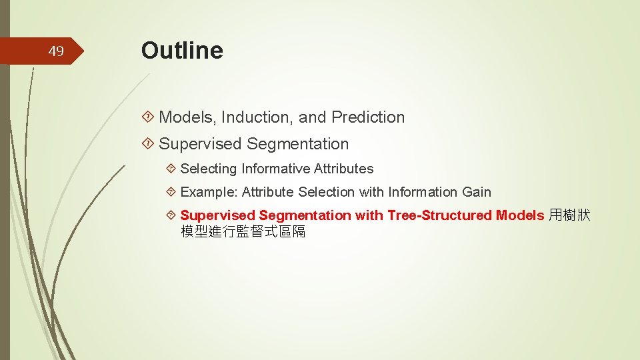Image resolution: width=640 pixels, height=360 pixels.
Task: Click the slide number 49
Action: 57,51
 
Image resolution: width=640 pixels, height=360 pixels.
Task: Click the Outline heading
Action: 182,50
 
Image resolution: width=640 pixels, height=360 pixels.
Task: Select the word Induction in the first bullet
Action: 257,117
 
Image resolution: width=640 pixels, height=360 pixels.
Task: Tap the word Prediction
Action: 368,117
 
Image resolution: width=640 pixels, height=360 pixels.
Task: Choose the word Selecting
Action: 209,169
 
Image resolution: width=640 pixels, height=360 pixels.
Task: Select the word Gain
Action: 477,193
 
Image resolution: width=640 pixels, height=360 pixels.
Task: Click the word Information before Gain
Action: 423,193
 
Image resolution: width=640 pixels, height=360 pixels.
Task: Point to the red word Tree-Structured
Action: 439,215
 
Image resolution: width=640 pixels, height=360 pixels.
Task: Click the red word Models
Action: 520,215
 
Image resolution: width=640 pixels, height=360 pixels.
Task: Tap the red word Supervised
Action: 218,215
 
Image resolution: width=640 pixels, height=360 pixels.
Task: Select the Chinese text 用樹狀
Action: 569,215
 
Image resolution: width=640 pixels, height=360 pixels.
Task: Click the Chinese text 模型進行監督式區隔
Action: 243,232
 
